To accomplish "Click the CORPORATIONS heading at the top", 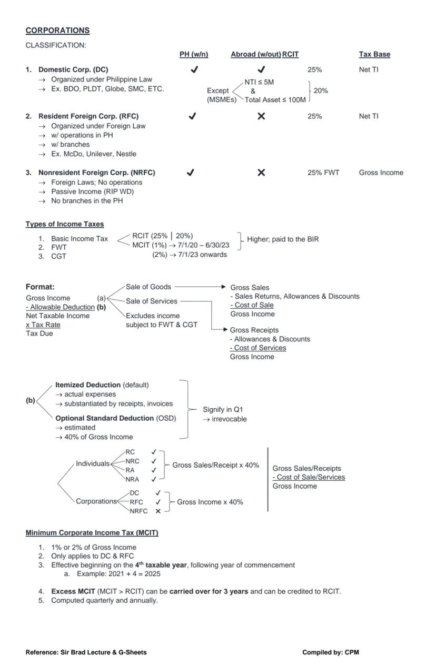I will coord(57,31).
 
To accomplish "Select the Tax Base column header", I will coord(374,54).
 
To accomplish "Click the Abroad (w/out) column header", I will coord(255,54).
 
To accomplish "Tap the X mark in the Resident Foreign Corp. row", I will coord(261,116).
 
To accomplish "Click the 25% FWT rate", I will coord(323,173).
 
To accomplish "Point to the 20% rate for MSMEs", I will coord(321,90).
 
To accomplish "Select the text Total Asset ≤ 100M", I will coord(275,99).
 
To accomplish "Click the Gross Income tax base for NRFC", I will coord(381,173).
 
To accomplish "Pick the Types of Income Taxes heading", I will coord(65,224).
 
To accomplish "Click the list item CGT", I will coord(58,257).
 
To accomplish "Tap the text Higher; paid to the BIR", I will coord(283,239).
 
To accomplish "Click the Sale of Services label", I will coord(152,301).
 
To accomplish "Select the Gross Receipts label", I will coord(254,330).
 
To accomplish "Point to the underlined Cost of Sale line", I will coord(252,305).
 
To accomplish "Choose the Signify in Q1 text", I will coord(223,409).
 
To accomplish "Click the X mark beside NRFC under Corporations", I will coord(158,511).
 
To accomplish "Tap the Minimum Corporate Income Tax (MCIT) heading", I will coord(92,533).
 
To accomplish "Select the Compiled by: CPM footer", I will coord(330,652).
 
